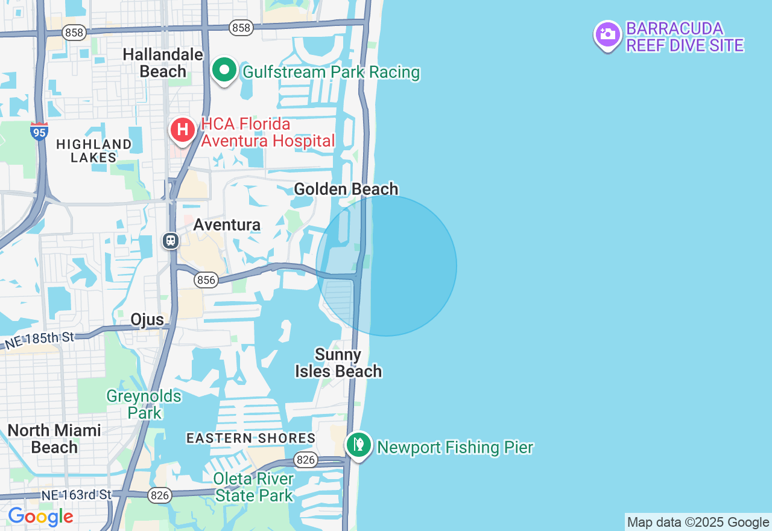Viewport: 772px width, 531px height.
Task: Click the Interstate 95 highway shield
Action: point(39,131)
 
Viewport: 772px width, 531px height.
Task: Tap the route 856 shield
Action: point(206,280)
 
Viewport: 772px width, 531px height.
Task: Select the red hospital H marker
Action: point(182,130)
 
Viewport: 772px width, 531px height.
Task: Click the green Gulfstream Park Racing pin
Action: point(224,71)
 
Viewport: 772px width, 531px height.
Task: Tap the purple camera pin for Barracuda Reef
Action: point(607,34)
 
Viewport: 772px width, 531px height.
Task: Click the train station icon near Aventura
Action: point(171,241)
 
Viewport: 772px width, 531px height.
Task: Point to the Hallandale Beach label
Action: point(163,63)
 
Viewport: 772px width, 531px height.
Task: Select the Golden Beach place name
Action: point(346,189)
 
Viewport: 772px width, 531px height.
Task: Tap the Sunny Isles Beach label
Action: point(338,363)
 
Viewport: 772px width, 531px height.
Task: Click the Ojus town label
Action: point(147,319)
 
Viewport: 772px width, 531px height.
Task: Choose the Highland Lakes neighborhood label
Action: point(93,150)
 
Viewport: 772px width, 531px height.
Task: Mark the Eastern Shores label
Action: point(251,438)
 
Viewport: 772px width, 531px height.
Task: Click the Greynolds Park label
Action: point(144,404)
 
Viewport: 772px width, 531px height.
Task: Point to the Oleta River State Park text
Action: point(254,488)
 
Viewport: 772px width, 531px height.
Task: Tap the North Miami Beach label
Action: point(54,439)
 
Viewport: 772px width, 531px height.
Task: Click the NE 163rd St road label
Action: point(77,495)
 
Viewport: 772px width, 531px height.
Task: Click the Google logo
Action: point(40,517)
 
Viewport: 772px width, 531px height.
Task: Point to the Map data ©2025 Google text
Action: point(698,523)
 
